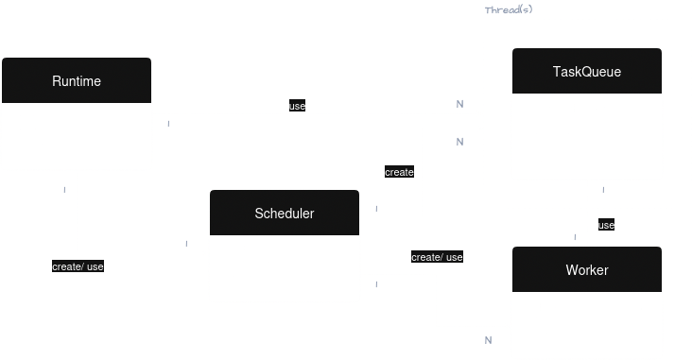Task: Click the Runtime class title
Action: tap(77, 81)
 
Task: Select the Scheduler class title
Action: tap(284, 214)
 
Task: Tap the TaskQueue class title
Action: tap(586, 72)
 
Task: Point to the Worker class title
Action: tap(586, 270)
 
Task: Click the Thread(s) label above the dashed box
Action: tap(509, 9)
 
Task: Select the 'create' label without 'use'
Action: tap(399, 173)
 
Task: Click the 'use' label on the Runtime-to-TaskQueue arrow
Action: tap(297, 106)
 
